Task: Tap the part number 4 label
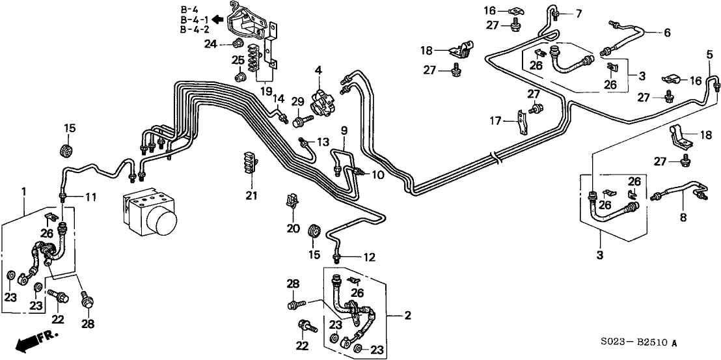pyautogui.click(x=319, y=70)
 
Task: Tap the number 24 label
pyautogui.click(x=210, y=44)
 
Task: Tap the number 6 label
pyautogui.click(x=666, y=33)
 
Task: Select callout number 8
pyautogui.click(x=683, y=218)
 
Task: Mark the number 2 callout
pyautogui.click(x=407, y=316)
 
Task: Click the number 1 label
pyautogui.click(x=25, y=191)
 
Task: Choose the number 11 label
pyautogui.click(x=90, y=197)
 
